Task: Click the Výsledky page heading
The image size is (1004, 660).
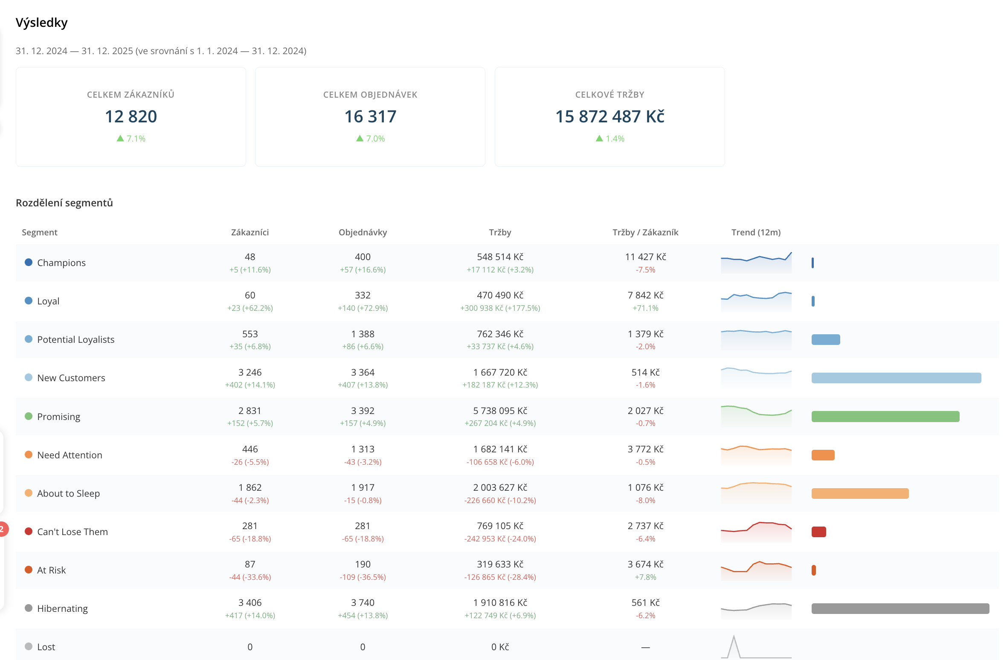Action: tap(41, 23)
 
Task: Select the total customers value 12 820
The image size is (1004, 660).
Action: tap(131, 116)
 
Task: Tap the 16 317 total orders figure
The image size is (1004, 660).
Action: tap(370, 116)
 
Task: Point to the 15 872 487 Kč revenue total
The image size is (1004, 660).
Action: tap(609, 116)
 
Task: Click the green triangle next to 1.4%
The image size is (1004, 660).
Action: tap(599, 138)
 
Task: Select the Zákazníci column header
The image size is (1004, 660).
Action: tap(250, 232)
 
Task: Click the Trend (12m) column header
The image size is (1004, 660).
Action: tap(756, 232)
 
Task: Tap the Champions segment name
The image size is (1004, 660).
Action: tap(61, 263)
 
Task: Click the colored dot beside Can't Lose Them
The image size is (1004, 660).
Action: tap(29, 531)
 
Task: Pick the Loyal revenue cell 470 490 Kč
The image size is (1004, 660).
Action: tap(500, 295)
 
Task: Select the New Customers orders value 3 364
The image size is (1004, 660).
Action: tap(363, 372)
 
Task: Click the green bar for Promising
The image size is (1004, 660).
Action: tap(885, 417)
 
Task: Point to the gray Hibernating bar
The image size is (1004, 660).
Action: tap(900, 608)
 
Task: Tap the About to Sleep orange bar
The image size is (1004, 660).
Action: tap(860, 493)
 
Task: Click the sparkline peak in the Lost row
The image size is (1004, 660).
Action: tap(734, 636)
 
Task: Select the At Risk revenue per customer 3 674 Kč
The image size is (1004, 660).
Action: tap(645, 564)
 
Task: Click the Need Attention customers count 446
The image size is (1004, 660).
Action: tap(250, 449)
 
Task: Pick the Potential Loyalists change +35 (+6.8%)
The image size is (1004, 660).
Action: tap(250, 346)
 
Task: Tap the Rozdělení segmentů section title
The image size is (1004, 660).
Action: tap(64, 203)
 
